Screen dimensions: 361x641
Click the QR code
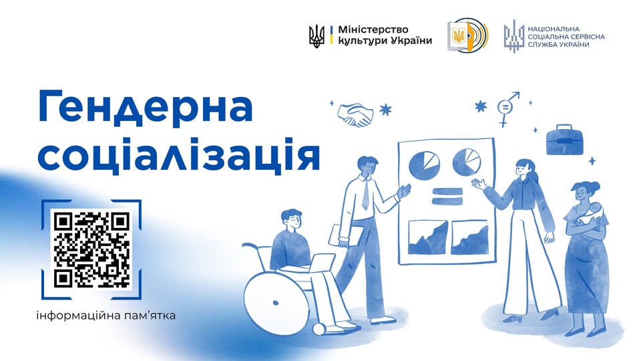click(91, 249)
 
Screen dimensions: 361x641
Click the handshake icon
click(355, 115)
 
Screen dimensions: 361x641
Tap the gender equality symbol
click(506, 110)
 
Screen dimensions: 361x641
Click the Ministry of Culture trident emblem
click(316, 35)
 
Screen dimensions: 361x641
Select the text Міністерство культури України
click(385, 35)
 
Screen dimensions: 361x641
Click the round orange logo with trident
click(467, 35)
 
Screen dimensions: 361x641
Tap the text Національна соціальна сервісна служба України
click(566, 35)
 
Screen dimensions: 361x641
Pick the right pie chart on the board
click(467, 161)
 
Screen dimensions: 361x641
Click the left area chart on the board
click(428, 237)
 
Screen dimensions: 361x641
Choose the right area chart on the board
click(469, 237)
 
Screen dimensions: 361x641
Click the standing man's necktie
click(365, 194)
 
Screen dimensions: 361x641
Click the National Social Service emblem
click(513, 35)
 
